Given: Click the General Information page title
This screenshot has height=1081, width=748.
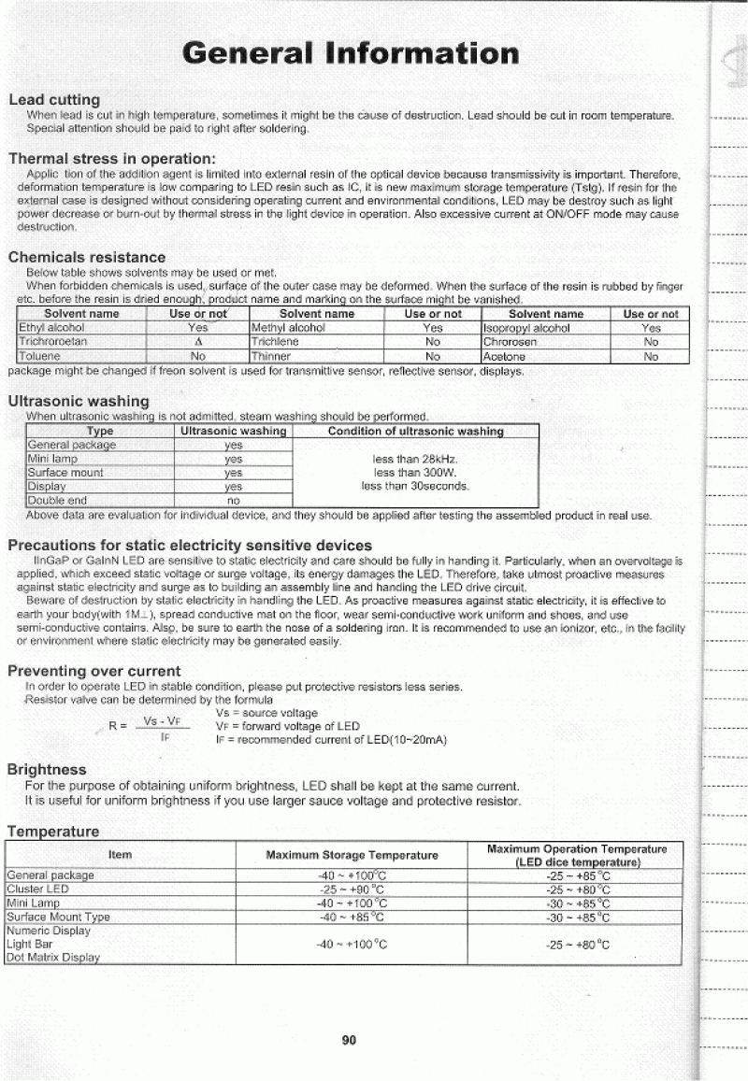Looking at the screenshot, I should (x=351, y=52).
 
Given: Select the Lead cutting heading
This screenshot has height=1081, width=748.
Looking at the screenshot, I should (x=54, y=99).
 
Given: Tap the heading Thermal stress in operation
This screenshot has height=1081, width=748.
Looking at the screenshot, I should (x=112, y=158).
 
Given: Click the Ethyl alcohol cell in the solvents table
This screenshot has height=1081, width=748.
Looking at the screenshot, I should (x=51, y=328).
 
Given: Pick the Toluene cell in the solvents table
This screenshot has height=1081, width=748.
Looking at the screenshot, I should (x=38, y=356).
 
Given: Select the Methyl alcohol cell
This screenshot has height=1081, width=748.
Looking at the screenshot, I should (x=288, y=328).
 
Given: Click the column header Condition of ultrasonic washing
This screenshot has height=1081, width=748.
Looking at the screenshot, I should (x=415, y=432).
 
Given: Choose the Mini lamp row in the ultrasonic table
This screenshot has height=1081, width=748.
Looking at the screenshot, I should (x=52, y=459).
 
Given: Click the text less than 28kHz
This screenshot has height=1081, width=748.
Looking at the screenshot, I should (x=414, y=459).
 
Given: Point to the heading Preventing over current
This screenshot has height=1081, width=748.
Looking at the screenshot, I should (x=94, y=671).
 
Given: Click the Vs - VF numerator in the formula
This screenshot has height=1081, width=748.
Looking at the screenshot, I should (x=166, y=722).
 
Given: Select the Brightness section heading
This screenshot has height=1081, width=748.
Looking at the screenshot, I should (x=47, y=769).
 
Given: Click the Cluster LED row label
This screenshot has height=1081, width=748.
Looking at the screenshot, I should (x=37, y=889).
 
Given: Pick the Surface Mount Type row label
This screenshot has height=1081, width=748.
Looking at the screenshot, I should (x=58, y=917).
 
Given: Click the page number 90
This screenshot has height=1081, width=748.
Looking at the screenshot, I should (x=350, y=1039).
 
